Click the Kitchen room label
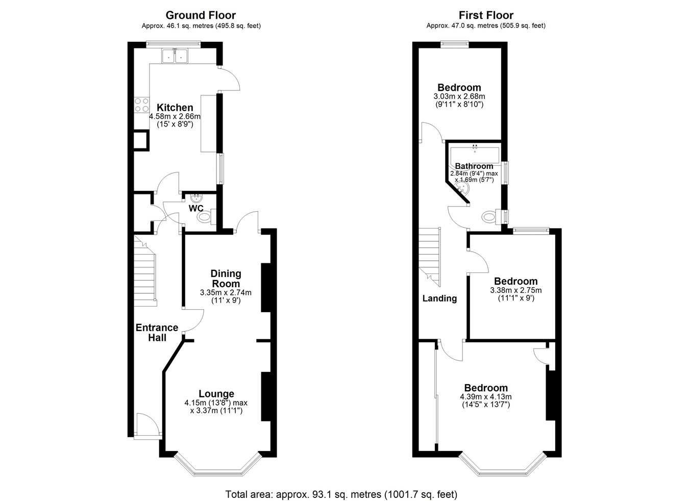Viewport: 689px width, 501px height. coord(175,108)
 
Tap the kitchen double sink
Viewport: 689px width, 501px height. coord(175,56)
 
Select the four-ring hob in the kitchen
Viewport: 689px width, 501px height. coord(141,105)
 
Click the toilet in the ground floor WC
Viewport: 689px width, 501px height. coord(206,216)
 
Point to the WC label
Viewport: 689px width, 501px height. coord(196,208)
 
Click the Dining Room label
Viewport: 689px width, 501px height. coord(226,279)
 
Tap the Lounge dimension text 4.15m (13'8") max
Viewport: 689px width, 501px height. coord(216,403)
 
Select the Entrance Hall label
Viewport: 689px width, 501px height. coord(157,333)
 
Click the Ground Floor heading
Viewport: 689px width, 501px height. coord(201,15)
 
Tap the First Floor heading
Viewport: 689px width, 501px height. coord(486,15)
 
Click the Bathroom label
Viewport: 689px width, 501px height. coord(474,166)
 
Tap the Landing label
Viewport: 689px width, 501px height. coord(439,298)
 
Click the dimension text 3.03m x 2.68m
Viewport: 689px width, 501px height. coord(459,96)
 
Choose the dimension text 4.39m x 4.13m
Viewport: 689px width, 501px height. coord(486,397)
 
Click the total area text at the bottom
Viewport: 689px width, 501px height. coord(341,486)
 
